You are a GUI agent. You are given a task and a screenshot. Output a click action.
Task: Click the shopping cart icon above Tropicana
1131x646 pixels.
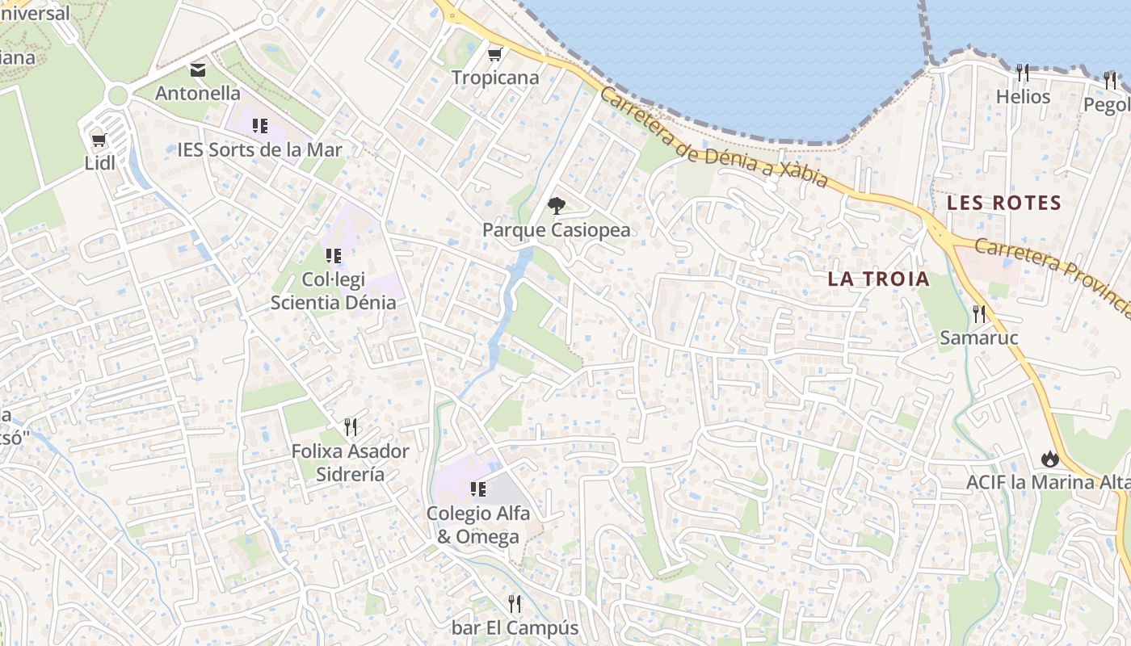coord(494,54)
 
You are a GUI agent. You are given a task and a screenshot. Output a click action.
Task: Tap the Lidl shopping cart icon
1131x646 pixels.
coord(99,140)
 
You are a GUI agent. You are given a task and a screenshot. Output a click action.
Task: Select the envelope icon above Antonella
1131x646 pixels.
coord(198,70)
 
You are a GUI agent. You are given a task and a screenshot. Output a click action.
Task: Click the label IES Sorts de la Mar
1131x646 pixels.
coord(259,149)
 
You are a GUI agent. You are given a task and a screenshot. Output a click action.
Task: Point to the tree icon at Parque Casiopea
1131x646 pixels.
coord(556,206)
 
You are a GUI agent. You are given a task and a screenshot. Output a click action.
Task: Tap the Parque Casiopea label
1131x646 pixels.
coord(556,230)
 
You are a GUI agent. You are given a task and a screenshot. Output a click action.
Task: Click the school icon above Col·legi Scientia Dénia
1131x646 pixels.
coord(333,256)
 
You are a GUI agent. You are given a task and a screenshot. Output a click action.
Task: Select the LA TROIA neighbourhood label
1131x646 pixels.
coord(879,279)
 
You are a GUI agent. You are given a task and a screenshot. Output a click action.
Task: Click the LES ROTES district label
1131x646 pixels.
coord(1003,203)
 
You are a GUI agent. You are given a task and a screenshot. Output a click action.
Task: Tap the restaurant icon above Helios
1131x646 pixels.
coord(1023,73)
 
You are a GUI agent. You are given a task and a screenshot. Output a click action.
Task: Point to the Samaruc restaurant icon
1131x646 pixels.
coord(979,313)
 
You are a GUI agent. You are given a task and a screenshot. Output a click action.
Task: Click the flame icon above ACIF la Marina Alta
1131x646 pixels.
coord(1049,459)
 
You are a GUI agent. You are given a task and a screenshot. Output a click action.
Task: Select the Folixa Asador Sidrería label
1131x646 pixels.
coord(350,462)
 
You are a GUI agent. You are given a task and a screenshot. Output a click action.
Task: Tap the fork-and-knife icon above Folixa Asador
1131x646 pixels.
coord(350,426)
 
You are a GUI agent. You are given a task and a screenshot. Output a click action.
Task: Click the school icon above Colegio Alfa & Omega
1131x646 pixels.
coord(477,489)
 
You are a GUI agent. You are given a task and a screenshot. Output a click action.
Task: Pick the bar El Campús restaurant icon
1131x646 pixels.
coord(515,603)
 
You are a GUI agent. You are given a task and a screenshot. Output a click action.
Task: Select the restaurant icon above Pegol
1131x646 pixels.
coord(1110,80)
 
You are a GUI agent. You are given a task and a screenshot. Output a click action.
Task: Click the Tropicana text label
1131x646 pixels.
coord(494,78)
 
